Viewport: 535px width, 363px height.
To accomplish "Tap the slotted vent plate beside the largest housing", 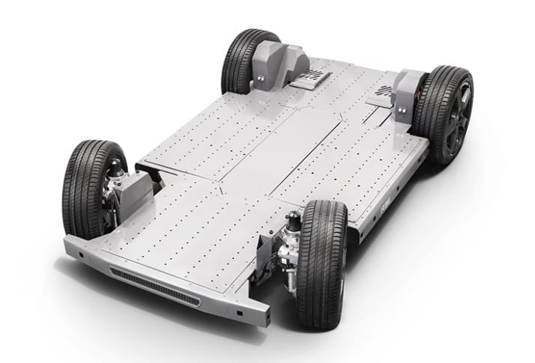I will coord(312,79).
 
